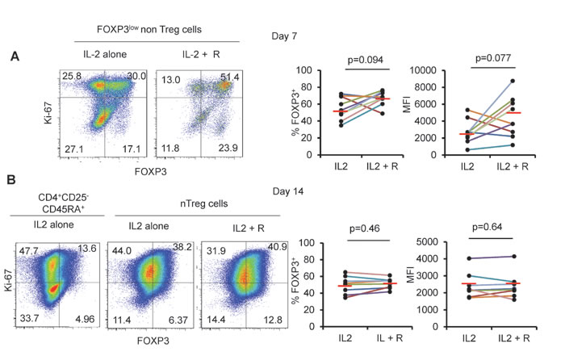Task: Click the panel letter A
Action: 15,57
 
